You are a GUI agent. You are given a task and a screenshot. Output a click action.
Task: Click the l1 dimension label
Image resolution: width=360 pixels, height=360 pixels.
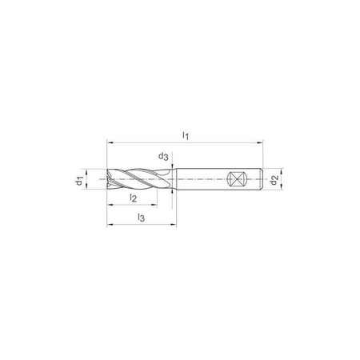pos(186,137)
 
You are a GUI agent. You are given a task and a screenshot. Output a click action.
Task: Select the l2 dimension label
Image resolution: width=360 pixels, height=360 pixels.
pos(134,198)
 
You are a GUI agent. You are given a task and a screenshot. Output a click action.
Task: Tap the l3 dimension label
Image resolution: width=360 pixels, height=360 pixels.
pos(141,218)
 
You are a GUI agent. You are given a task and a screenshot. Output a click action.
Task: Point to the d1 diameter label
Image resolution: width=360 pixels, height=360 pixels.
pos(80,181)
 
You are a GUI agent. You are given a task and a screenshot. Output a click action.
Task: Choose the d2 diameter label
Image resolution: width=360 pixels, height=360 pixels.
pos(274,181)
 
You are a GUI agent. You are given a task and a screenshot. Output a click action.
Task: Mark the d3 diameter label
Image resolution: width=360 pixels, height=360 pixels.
pos(163,158)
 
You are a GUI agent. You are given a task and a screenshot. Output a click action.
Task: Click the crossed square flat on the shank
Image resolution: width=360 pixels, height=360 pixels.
pos(237,180)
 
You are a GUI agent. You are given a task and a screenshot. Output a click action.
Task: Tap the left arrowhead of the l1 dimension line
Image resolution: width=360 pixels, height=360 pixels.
pos(110,144)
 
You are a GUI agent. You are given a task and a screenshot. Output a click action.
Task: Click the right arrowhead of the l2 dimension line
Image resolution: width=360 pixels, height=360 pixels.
pos(157,205)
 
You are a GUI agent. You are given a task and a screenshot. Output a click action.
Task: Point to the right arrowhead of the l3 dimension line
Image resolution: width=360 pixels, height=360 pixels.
pos(174,224)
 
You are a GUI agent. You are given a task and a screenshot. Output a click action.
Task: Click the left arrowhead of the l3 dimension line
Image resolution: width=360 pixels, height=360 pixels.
pos(110,224)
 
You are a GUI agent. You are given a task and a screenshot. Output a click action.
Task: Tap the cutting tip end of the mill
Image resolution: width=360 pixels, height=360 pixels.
pos(108,180)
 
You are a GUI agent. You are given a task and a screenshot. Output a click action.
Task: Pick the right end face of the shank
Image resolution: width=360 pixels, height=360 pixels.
pos(261,180)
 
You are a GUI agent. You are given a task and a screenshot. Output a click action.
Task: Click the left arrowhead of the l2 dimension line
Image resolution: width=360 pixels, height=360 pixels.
pos(110,205)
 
